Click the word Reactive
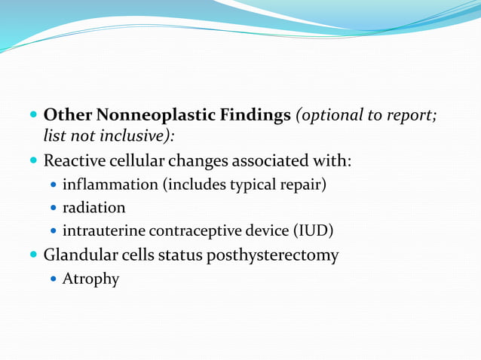click(74, 161)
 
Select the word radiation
click(93, 207)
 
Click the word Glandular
click(79, 255)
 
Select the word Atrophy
click(90, 279)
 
